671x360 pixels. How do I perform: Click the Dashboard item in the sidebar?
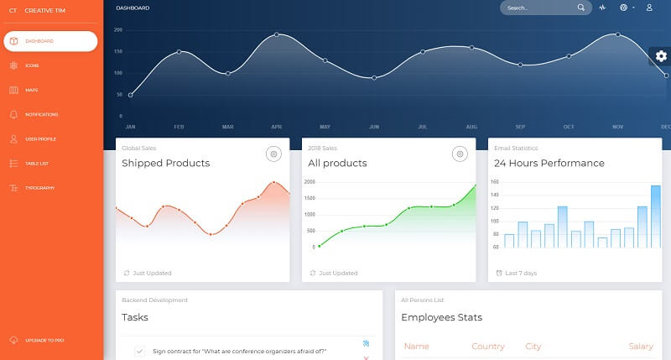tap(49, 41)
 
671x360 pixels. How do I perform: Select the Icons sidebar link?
tap(32, 65)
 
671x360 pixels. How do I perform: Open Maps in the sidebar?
tap(31, 90)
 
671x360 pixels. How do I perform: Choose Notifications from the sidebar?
tap(41, 114)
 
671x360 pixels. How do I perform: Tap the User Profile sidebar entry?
tap(40, 138)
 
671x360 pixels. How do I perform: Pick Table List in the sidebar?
tap(37, 163)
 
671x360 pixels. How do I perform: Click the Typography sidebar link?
tap(39, 187)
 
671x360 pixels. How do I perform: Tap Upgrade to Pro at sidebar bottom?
tap(44, 340)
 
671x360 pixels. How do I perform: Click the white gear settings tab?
tap(661, 56)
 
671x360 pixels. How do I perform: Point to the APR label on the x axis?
tap(276, 127)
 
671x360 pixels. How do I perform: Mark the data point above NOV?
tap(618, 34)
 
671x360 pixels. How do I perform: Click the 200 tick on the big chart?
tap(118, 29)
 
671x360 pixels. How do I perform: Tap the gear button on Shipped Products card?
tap(273, 154)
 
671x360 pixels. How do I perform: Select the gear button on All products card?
tap(459, 154)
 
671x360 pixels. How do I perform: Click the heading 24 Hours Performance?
tap(549, 163)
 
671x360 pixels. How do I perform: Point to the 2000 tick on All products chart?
tap(309, 182)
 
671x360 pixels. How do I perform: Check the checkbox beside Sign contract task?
tap(139, 351)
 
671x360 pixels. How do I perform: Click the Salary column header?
tap(640, 347)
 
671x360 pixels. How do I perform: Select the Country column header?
tap(487, 347)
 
